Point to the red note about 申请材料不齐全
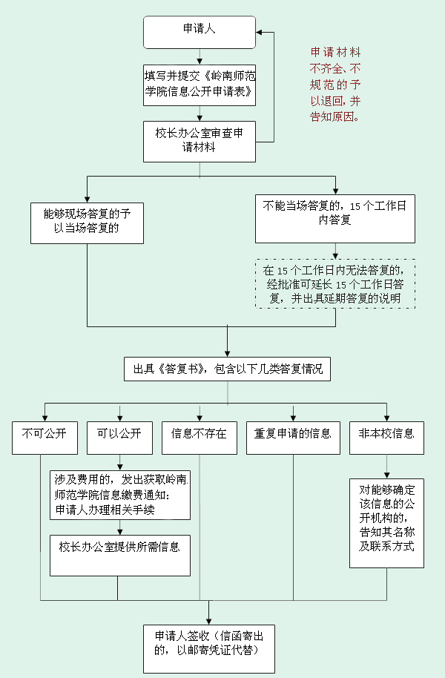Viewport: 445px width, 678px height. [x=335, y=85]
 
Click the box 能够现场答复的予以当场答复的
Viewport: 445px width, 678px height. [x=87, y=222]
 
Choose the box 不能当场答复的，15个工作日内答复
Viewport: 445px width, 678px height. [x=334, y=218]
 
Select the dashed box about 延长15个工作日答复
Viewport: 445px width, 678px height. [x=334, y=283]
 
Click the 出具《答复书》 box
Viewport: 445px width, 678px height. [x=227, y=369]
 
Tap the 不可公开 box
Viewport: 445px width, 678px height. [x=44, y=438]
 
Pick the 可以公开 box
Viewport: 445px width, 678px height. [x=119, y=438]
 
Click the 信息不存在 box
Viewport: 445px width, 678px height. [x=199, y=438]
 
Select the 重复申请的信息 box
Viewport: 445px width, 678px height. [x=293, y=438]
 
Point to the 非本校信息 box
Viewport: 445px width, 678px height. [x=386, y=438]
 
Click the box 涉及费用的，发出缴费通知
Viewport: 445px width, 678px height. [x=119, y=495]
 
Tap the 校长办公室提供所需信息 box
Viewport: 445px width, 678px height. [x=119, y=555]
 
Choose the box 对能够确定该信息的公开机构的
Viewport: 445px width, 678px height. [x=386, y=522]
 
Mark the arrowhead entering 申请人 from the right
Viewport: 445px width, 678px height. [x=260, y=32]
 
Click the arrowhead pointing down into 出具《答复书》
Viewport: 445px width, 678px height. [x=227, y=353]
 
